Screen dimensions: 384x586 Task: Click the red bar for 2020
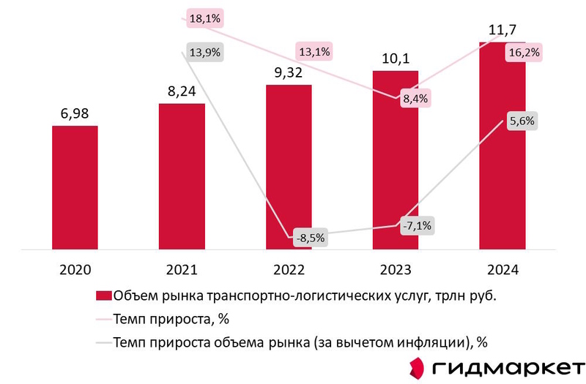75,187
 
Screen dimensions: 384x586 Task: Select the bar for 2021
182,176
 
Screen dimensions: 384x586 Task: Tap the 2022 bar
289,167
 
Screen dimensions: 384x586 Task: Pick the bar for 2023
396,160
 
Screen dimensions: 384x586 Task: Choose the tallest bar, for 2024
502,146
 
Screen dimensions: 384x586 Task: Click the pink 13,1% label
313,51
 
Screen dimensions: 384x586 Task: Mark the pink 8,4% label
415,98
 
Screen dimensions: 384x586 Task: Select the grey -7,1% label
417,226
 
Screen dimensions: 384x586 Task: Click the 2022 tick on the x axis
289,270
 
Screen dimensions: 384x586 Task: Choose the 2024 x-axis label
502,270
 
